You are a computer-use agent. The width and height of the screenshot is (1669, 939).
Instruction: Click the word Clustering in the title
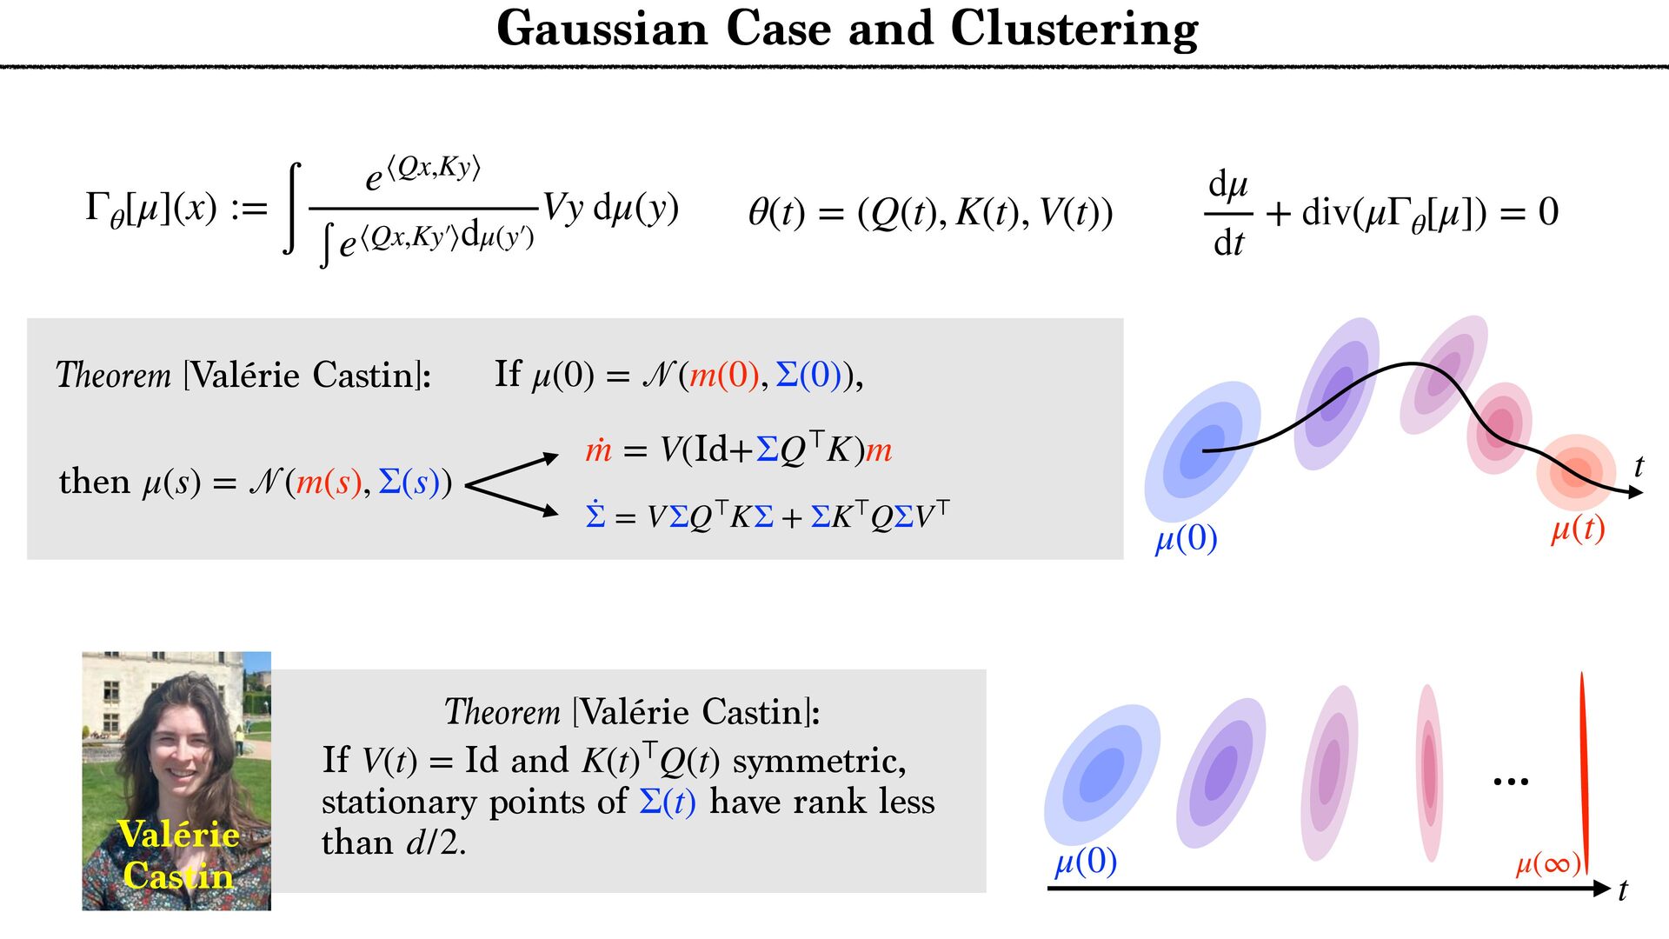[1074, 30]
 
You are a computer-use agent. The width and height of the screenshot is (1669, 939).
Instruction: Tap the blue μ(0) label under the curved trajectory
[1186, 539]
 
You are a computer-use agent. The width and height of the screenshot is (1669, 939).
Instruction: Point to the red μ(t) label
[1578, 529]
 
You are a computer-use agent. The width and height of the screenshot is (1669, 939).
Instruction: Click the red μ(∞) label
[1548, 863]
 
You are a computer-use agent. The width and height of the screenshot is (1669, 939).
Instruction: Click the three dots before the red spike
[1511, 782]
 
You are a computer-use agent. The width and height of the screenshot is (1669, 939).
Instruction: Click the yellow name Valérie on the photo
[178, 835]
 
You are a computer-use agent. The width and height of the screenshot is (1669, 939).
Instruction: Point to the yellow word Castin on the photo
[178, 876]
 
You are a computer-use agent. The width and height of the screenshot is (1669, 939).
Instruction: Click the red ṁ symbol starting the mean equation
[598, 450]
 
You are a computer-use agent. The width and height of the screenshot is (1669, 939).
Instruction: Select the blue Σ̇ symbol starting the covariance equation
[595, 515]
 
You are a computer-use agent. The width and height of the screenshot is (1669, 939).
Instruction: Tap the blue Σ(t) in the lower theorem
[668, 802]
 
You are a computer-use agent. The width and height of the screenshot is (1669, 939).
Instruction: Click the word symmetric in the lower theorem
[819, 762]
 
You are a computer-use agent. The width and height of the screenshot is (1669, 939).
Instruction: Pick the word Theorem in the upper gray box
[113, 376]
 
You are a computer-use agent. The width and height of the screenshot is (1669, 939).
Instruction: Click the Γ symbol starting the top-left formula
[96, 207]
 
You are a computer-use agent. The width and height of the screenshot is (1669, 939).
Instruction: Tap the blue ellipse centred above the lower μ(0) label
[1102, 774]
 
